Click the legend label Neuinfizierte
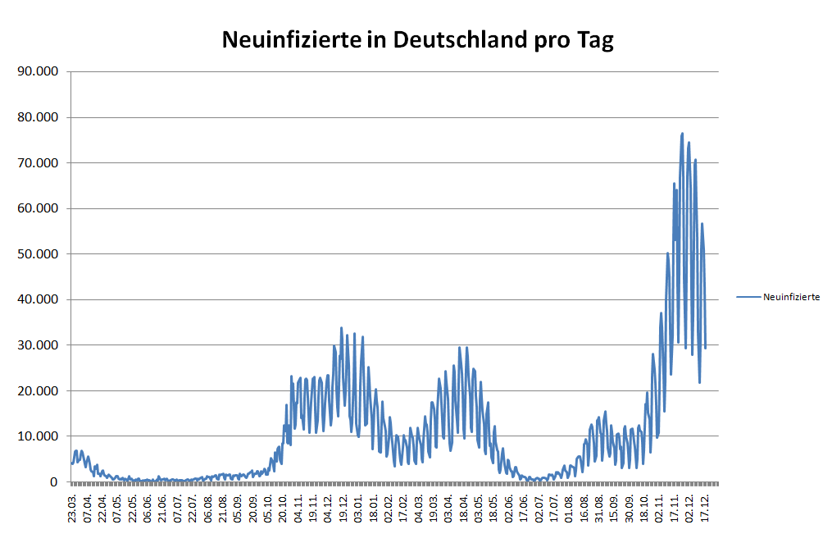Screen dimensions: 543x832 (x=791, y=297)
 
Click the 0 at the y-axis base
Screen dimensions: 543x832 (x=52, y=482)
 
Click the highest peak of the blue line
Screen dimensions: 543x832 (x=682, y=134)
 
